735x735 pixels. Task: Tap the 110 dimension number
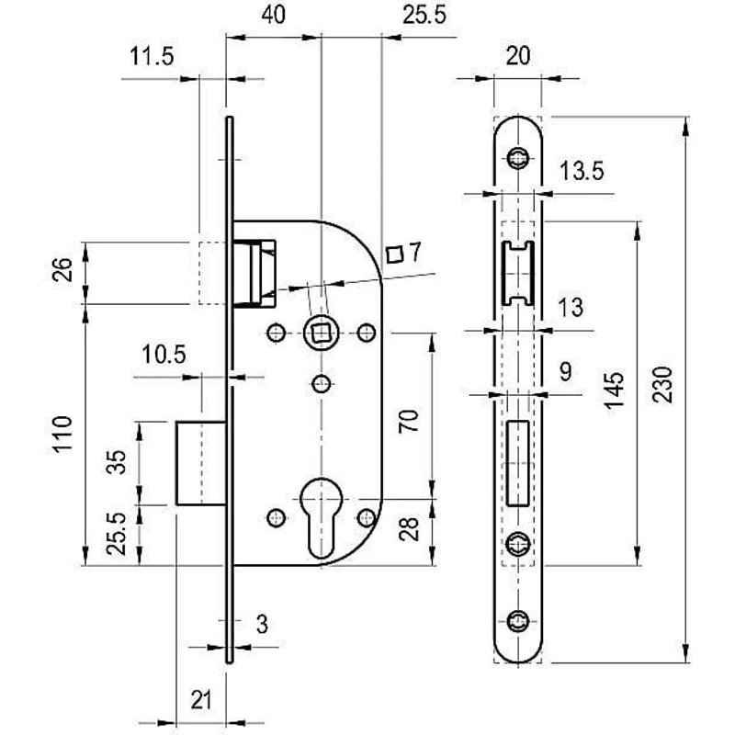(x=62, y=435)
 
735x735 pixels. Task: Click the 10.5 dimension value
(x=164, y=355)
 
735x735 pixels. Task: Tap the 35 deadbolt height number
(x=116, y=462)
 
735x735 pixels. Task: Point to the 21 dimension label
(x=201, y=700)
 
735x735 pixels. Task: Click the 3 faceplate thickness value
(x=261, y=625)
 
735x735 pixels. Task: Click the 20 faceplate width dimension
(x=518, y=56)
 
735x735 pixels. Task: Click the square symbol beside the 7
(x=395, y=254)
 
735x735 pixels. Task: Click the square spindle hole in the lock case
(x=320, y=331)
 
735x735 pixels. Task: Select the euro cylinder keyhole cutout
(x=321, y=519)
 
